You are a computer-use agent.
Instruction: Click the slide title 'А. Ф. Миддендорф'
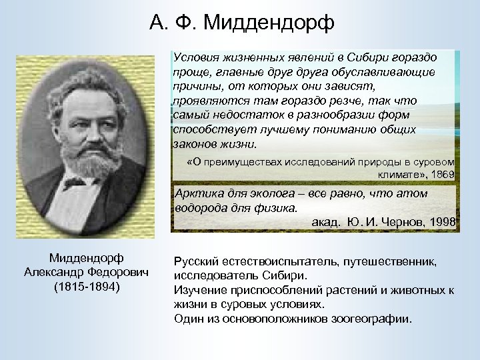(242, 24)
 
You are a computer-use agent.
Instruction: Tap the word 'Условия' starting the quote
(194, 58)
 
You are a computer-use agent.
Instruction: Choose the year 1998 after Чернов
(442, 222)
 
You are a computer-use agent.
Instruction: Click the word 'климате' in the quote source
(399, 174)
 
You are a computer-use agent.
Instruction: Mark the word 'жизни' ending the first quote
(241, 143)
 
